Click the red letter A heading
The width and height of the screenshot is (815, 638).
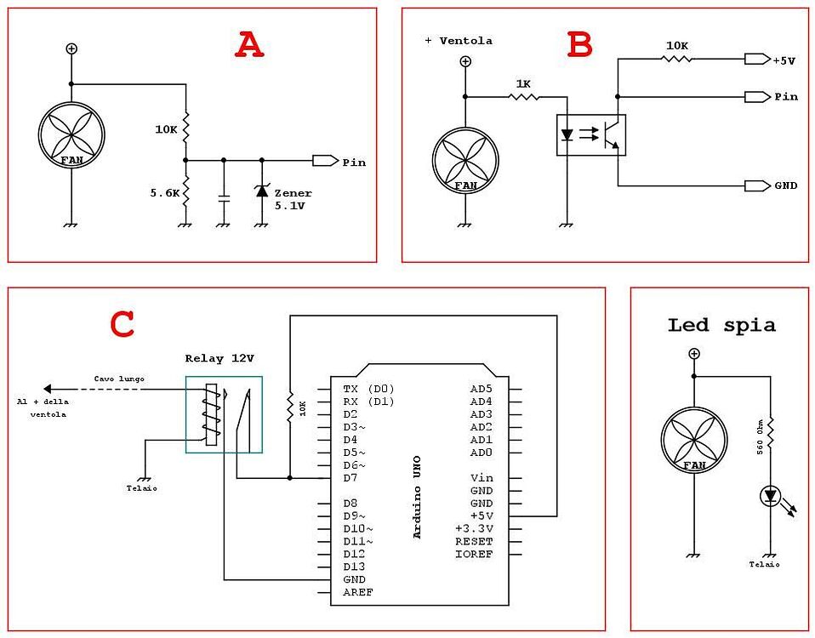249,45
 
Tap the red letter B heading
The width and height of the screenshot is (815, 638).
579,45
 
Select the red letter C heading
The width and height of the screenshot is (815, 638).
123,324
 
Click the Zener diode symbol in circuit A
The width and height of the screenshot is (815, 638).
261,191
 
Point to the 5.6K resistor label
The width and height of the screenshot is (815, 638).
165,193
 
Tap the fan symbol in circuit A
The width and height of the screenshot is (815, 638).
71,135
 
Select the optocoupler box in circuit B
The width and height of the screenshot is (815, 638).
591,135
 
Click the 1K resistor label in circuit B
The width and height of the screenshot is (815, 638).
523,83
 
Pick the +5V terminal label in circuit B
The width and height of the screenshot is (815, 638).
784,60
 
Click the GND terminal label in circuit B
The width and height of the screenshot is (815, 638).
785,185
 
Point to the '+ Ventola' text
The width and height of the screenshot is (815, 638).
459,41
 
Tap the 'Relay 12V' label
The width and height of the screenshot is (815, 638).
219,359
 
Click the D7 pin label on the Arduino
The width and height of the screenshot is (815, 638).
351,478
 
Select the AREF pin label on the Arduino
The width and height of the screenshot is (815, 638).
357,592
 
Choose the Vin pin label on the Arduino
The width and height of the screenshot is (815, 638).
482,478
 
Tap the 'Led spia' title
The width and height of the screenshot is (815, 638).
721,325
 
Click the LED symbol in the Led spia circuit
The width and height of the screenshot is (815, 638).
771,496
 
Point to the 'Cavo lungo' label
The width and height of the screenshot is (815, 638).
119,378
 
